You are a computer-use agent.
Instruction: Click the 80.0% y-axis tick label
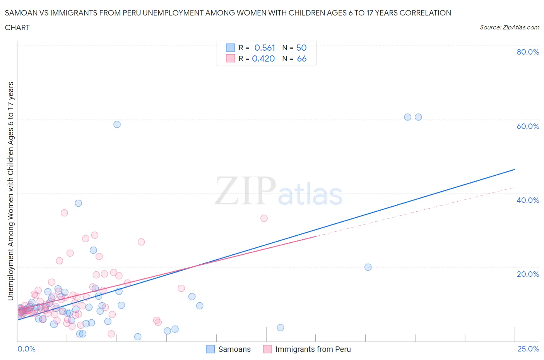tap(528, 52)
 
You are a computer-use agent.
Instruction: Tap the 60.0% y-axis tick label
tap(528, 126)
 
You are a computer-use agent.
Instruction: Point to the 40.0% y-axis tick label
tap(528, 200)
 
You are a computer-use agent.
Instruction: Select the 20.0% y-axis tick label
tap(528, 274)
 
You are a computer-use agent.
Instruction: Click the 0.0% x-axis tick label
tap(26, 349)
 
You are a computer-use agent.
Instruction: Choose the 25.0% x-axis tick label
tap(528, 349)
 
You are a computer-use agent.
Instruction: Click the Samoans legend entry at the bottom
tap(234, 349)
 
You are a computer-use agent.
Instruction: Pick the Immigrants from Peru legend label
tap(313, 349)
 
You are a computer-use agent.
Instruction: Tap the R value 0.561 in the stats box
tap(265, 48)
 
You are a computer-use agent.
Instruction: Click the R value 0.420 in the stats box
tap(263, 58)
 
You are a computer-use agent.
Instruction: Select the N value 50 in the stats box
tap(301, 48)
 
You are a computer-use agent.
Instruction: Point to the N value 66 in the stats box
tap(301, 58)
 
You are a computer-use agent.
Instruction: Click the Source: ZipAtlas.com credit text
tap(509, 27)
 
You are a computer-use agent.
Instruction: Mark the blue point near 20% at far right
tap(368, 267)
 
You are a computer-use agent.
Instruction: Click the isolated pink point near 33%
tap(264, 218)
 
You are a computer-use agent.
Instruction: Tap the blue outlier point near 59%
tap(117, 124)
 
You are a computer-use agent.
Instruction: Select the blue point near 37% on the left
tap(78, 203)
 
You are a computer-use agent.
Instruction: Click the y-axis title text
tap(10, 191)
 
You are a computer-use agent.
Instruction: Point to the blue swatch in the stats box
tap(230, 48)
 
